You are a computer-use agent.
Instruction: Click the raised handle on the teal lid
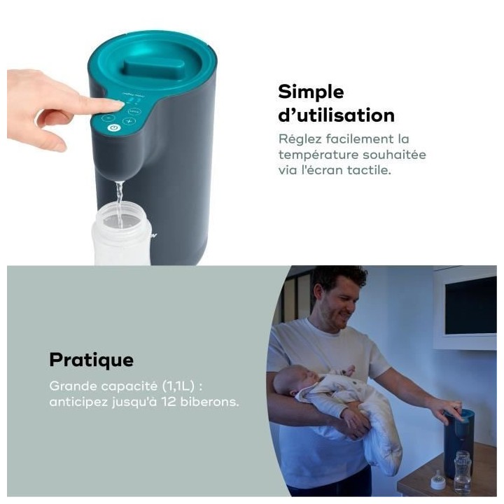click(153, 69)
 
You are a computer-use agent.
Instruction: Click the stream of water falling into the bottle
click(119, 203)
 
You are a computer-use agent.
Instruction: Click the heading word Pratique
click(91, 360)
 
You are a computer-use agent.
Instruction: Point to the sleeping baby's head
click(288, 381)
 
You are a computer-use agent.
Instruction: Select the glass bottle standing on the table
click(463, 472)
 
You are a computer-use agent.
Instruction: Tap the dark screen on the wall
click(470, 304)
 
